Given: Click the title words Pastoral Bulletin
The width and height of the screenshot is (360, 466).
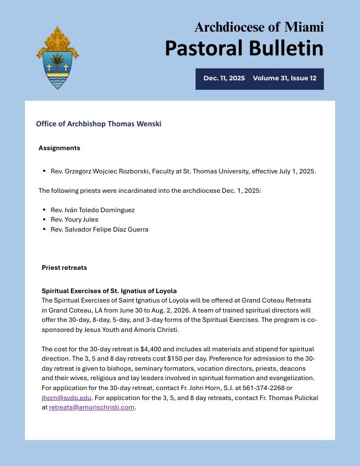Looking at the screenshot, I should point(244,48).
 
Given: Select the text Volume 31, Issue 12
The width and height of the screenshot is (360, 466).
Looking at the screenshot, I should point(284,78).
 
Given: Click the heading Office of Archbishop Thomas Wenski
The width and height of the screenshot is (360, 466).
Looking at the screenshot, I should point(99,124).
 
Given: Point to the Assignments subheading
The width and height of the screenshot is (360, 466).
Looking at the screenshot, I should point(59,148).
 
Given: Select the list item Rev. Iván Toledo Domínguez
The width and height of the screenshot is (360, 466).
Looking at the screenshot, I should point(92,210).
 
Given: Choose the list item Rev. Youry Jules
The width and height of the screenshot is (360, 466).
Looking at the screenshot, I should point(74,219).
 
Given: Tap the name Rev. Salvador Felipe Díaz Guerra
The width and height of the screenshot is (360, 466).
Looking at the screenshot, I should point(99,229).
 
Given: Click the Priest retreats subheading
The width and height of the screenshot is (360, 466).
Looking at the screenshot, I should point(64,268).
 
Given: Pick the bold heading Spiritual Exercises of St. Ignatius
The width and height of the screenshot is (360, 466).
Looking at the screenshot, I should point(109,291).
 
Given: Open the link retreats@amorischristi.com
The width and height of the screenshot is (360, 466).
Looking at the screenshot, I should point(92,407).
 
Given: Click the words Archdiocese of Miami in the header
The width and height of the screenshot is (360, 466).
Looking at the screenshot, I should point(259,27).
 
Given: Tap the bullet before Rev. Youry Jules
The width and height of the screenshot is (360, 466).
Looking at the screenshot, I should point(44,219).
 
